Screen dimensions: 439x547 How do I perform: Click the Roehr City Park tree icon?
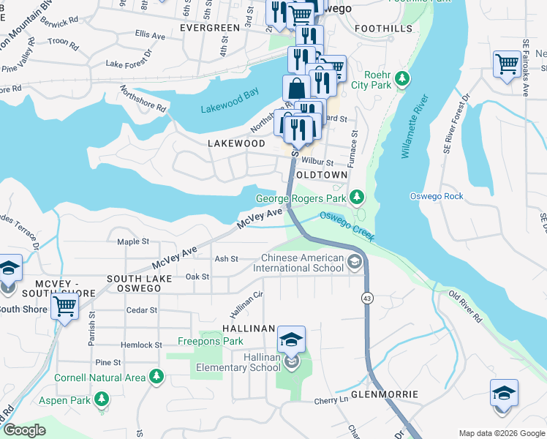(x=401, y=78)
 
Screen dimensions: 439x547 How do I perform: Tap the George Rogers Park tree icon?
(x=356, y=197)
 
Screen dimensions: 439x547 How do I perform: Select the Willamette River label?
(x=412, y=126)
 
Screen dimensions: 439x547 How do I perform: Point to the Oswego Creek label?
(x=347, y=225)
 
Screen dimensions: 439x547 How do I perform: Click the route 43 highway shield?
(x=367, y=298)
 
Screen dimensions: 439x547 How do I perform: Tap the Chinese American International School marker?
(x=355, y=262)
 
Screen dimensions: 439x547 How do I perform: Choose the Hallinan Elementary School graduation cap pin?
(x=291, y=339)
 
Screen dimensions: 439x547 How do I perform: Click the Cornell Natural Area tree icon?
(x=156, y=377)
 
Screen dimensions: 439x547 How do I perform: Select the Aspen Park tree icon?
(x=103, y=399)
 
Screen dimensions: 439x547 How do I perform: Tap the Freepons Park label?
(x=210, y=341)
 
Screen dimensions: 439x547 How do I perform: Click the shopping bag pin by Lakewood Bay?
(x=296, y=89)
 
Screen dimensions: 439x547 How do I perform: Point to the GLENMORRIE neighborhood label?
(x=384, y=394)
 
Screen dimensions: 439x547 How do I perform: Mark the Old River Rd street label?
(x=466, y=307)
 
